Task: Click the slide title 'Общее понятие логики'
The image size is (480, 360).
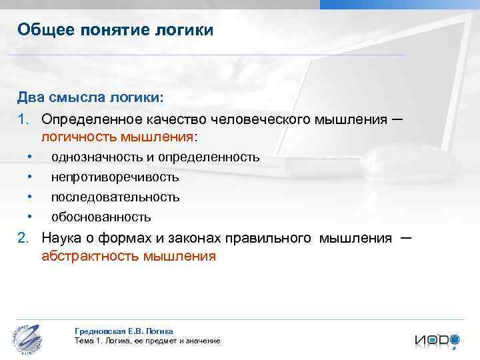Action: coord(115,30)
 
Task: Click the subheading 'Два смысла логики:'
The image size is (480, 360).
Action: coord(90,98)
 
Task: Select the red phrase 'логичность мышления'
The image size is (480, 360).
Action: coord(117,137)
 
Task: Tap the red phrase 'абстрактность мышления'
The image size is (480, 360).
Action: coord(129,256)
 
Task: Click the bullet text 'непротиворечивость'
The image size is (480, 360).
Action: coord(115,177)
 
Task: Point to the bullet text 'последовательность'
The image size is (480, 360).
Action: coord(115,197)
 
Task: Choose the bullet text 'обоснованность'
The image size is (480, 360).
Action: coord(101,217)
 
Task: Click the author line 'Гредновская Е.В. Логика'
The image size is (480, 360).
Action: coord(125,331)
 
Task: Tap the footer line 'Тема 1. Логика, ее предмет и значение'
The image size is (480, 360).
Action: coord(148,341)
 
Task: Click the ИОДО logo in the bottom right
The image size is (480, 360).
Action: coord(437,339)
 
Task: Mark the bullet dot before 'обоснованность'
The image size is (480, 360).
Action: coord(31,217)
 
